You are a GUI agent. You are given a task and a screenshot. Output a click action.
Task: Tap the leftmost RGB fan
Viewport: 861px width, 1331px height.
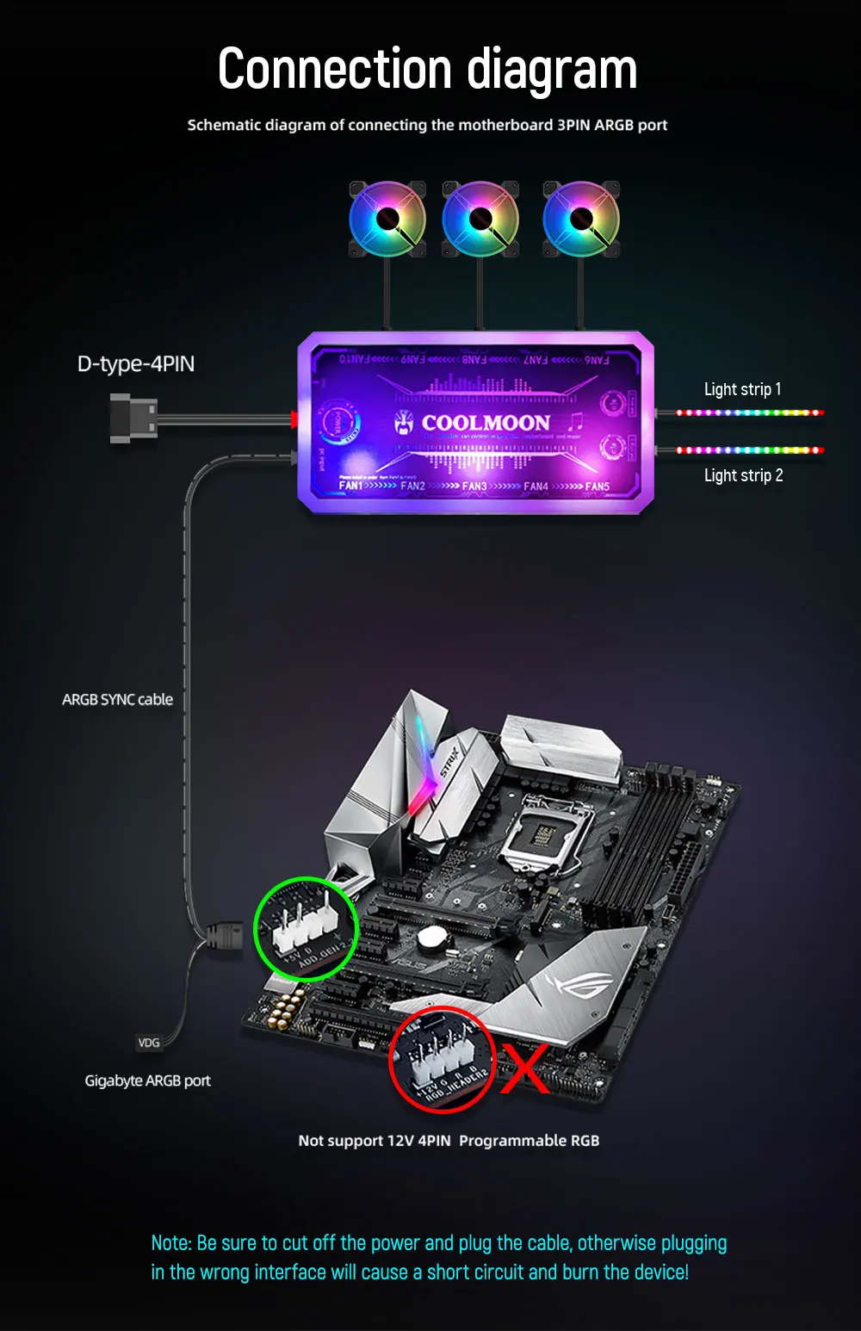pyautogui.click(x=387, y=219)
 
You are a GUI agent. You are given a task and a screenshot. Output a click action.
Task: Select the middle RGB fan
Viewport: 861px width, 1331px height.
pyautogui.click(x=480, y=219)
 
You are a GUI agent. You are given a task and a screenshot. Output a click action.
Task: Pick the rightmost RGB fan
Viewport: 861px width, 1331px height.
pyautogui.click(x=581, y=219)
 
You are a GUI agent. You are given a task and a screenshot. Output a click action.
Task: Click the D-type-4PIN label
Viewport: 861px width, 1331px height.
pyautogui.click(x=136, y=364)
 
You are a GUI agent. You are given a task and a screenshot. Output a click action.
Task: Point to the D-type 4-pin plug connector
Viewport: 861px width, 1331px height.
pyautogui.click(x=133, y=418)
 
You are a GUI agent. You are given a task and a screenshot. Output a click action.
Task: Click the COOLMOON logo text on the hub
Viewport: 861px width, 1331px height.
pyautogui.click(x=486, y=423)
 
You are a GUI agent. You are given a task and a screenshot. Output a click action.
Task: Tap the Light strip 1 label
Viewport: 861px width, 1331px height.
pyautogui.click(x=742, y=389)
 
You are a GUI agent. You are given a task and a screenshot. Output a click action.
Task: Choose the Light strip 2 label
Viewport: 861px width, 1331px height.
pyautogui.click(x=743, y=475)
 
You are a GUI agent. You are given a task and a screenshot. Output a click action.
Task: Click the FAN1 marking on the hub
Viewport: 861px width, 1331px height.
pyautogui.click(x=350, y=486)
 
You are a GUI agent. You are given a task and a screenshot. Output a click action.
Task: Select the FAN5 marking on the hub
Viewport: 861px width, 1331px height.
pyautogui.click(x=597, y=486)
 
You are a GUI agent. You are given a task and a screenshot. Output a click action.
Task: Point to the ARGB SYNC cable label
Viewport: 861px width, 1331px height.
pyautogui.click(x=117, y=700)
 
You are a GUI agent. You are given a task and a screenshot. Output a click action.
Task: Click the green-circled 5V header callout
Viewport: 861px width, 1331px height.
pyautogui.click(x=307, y=929)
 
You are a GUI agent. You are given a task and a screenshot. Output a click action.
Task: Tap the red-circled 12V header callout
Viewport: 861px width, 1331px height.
pyautogui.click(x=441, y=1060)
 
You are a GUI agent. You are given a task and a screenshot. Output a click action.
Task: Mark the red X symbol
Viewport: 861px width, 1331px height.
pyautogui.click(x=524, y=1069)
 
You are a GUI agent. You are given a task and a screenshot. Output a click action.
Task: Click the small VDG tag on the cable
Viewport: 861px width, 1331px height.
pyautogui.click(x=149, y=1043)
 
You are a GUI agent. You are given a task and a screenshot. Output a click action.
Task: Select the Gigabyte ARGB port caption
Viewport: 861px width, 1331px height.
pyautogui.click(x=147, y=1080)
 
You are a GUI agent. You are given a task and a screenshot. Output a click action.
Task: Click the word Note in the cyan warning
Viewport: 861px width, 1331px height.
pyautogui.click(x=170, y=1243)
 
